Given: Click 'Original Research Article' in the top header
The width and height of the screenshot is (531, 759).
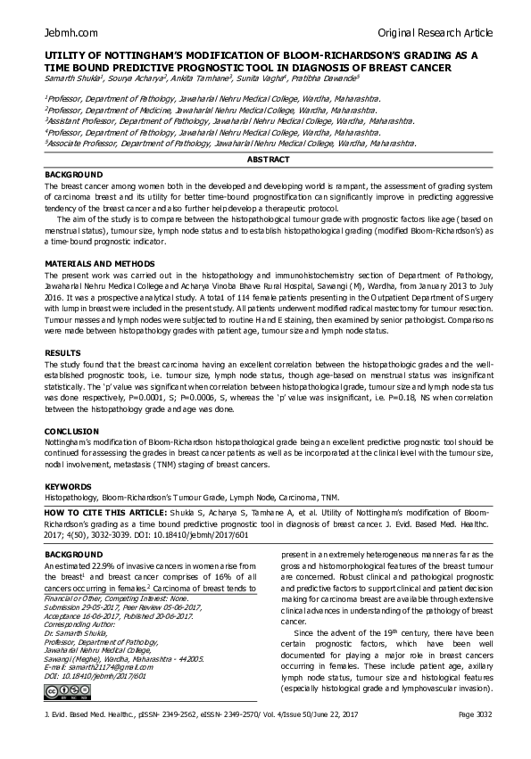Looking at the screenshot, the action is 435,33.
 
